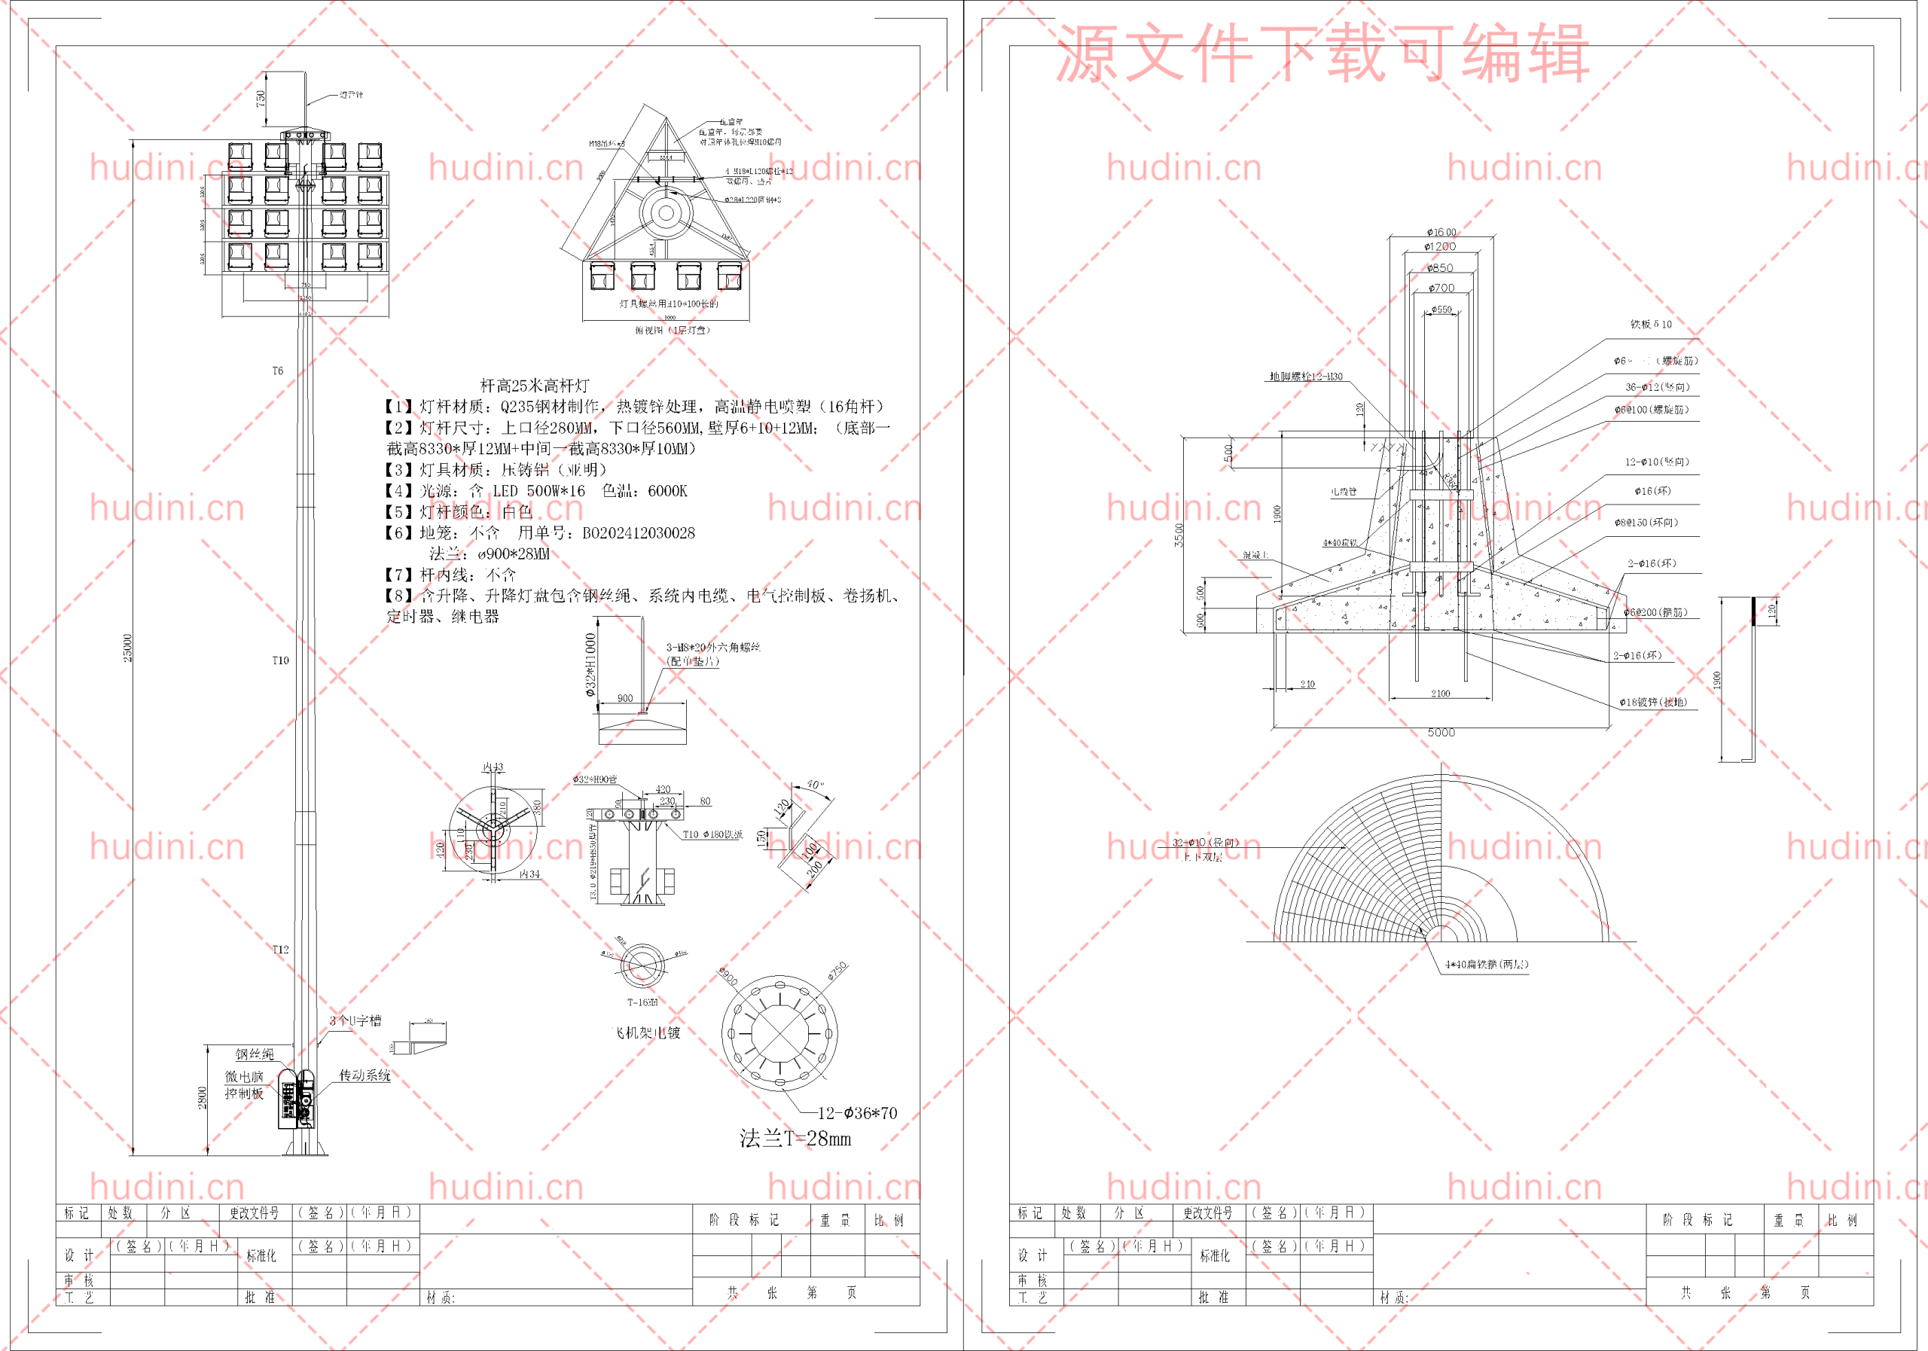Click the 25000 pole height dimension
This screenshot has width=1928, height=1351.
(x=127, y=648)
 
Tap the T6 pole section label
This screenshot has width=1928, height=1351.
(x=278, y=371)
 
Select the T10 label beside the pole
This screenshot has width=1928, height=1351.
(x=280, y=660)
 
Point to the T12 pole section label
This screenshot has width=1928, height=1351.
(x=280, y=949)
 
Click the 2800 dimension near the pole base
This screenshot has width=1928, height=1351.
(x=203, y=1097)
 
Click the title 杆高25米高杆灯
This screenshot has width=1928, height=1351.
(x=534, y=386)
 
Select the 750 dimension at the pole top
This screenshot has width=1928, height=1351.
(x=261, y=98)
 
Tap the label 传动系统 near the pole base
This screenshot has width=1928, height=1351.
(x=365, y=1075)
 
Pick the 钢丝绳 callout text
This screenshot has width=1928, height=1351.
(x=255, y=1054)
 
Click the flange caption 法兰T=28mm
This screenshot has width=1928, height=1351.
(x=795, y=1139)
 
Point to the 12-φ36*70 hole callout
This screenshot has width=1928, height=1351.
(x=856, y=1113)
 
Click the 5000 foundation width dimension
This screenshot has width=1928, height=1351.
(x=1441, y=732)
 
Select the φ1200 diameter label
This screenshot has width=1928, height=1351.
(x=1440, y=247)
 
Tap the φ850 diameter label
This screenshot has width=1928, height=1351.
(x=1440, y=268)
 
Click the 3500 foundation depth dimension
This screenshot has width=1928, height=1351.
(x=1179, y=535)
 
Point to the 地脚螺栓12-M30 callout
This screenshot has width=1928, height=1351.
(x=1306, y=377)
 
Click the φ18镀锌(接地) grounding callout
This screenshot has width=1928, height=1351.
(x=1652, y=702)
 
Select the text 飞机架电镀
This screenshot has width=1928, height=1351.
(x=648, y=1032)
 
